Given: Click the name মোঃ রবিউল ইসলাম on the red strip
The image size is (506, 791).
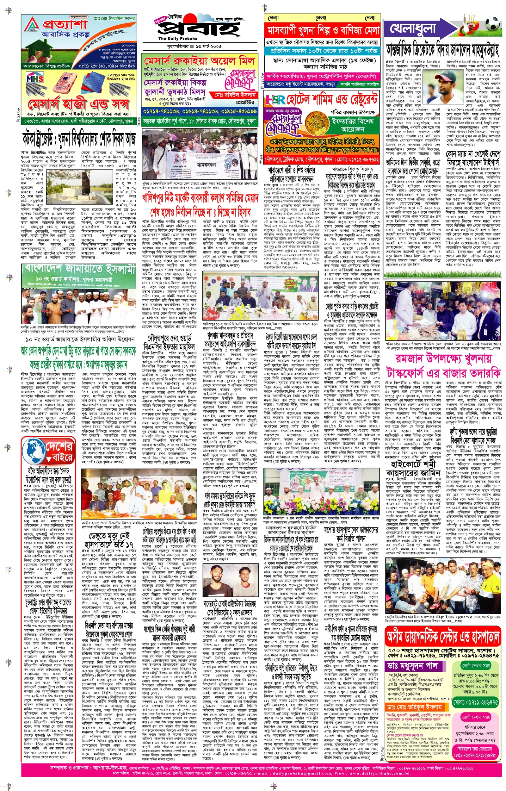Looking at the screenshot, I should pyautogui.click(x=235, y=95).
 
